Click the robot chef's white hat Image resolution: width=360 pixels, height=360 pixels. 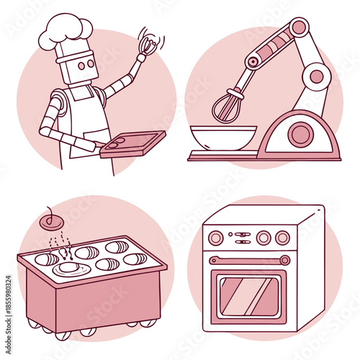click(66, 31)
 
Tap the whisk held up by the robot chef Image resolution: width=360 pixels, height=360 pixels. click(147, 44)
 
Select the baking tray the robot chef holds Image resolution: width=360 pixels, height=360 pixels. click(132, 143)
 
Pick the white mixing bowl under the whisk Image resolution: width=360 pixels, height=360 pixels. click(222, 138)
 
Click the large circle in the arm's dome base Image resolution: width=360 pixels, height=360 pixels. click(300, 134)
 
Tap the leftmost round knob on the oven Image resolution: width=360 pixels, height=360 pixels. click(215, 237)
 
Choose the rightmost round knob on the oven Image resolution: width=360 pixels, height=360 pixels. click(283, 237)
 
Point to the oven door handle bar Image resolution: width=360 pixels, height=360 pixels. click(248, 259)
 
